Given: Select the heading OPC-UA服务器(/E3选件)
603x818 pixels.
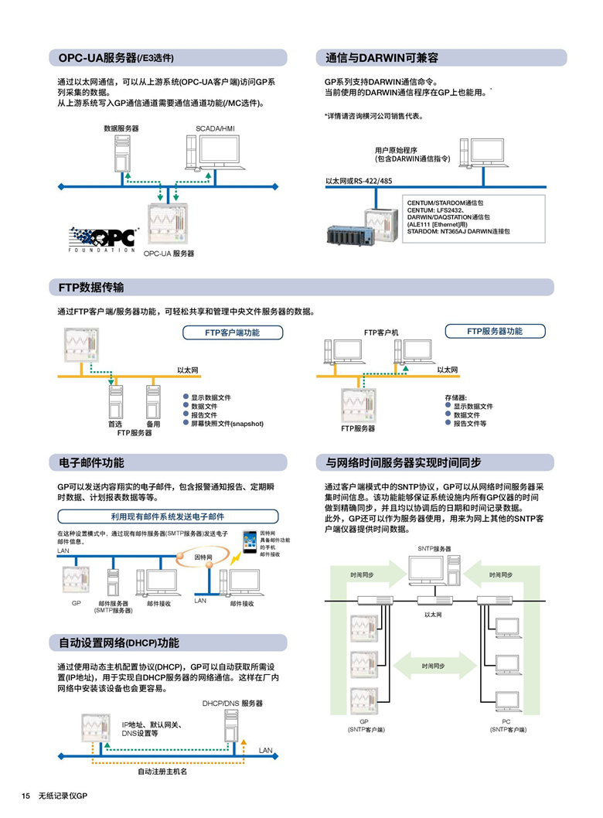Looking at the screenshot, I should [116, 58].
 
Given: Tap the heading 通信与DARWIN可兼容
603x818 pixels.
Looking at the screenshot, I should [382, 58].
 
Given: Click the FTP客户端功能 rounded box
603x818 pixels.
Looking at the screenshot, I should [232, 332].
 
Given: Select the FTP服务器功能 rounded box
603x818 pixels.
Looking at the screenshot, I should [495, 331].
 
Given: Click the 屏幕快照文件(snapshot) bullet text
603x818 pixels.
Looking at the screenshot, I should [227, 424].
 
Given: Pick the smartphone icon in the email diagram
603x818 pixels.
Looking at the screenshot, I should [249, 540].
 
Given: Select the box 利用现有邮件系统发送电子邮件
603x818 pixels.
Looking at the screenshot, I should [167, 516].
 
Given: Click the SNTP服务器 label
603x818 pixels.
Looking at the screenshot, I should [434, 548].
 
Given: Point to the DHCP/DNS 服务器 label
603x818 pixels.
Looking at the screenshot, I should [233, 704].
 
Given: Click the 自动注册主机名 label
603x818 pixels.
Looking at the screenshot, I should [162, 772].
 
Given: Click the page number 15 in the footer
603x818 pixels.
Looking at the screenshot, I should [26, 796].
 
